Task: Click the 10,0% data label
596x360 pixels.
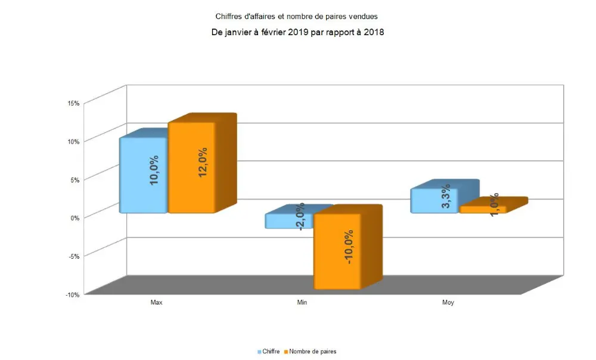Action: (x=154, y=171)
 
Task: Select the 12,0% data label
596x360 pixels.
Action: (x=203, y=162)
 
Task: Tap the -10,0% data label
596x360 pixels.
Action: (x=349, y=247)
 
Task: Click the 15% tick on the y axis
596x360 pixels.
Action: (x=74, y=103)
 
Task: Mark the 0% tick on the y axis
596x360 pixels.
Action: (x=75, y=218)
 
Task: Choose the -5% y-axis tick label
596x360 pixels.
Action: (x=74, y=256)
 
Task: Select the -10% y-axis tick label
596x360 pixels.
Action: (x=73, y=295)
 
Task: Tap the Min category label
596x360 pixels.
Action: (x=302, y=303)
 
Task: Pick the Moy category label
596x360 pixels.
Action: (x=448, y=303)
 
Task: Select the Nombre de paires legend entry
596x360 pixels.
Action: (x=312, y=352)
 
